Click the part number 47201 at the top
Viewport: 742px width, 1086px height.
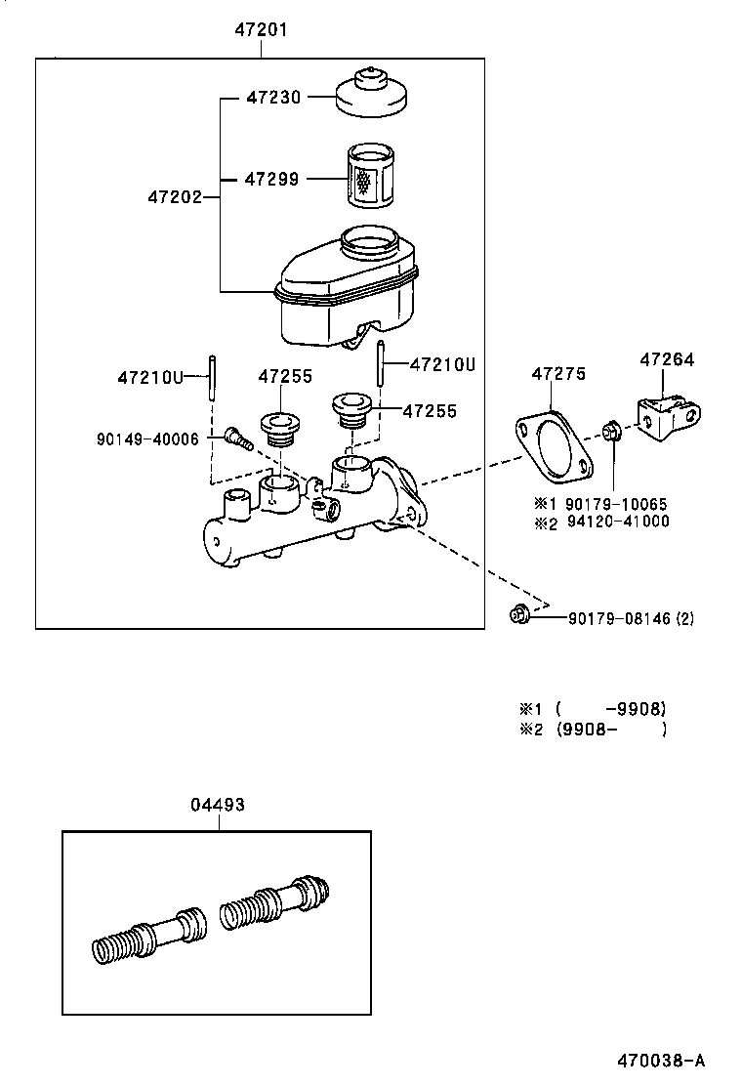click(261, 31)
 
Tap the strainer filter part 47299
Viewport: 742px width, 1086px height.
click(370, 177)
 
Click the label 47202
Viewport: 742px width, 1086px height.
click(175, 197)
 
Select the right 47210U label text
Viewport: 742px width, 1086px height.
click(441, 364)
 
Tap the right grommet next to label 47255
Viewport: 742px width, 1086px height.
click(349, 408)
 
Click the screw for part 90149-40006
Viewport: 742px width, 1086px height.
click(236, 440)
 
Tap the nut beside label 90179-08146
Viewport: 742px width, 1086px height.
click(519, 615)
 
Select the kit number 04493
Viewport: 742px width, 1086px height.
click(217, 805)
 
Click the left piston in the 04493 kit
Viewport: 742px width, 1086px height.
click(146, 935)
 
